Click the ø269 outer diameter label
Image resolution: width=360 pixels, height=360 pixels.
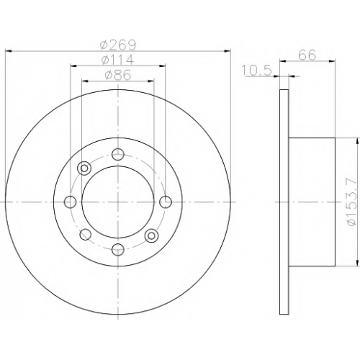[118, 45]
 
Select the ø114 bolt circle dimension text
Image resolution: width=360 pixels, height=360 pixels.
[117, 60]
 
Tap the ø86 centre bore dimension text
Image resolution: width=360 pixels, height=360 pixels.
[118, 75]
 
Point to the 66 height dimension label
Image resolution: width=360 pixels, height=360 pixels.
[307, 55]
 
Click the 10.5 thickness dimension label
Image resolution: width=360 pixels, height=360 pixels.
[257, 71]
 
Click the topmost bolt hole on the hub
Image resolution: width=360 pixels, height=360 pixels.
[118, 154]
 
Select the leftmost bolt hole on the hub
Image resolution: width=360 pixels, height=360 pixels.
[71, 202]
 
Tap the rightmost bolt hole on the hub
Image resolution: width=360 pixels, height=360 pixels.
[166, 202]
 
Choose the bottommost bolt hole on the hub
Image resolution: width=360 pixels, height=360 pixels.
[118, 249]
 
